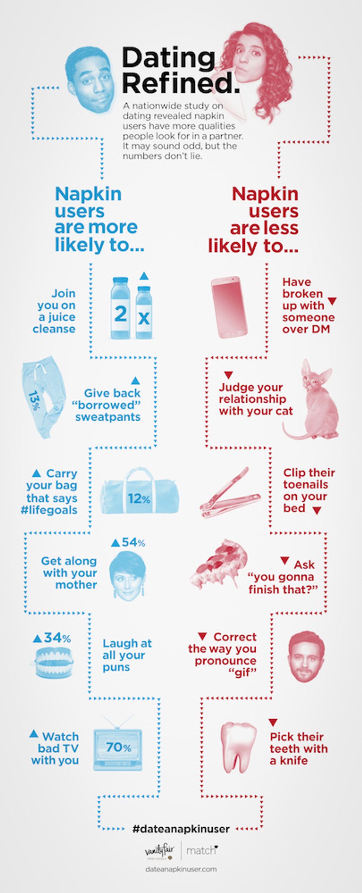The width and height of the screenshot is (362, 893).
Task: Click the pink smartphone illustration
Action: (229, 307)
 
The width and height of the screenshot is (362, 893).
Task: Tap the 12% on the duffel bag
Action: (139, 499)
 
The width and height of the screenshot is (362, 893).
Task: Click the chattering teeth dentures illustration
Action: (54, 662)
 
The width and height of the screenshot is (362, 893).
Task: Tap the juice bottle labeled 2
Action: (120, 308)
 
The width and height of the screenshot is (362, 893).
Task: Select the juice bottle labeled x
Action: (144, 312)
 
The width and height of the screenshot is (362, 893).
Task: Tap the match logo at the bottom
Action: (202, 851)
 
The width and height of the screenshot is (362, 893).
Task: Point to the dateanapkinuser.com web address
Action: (181, 869)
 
